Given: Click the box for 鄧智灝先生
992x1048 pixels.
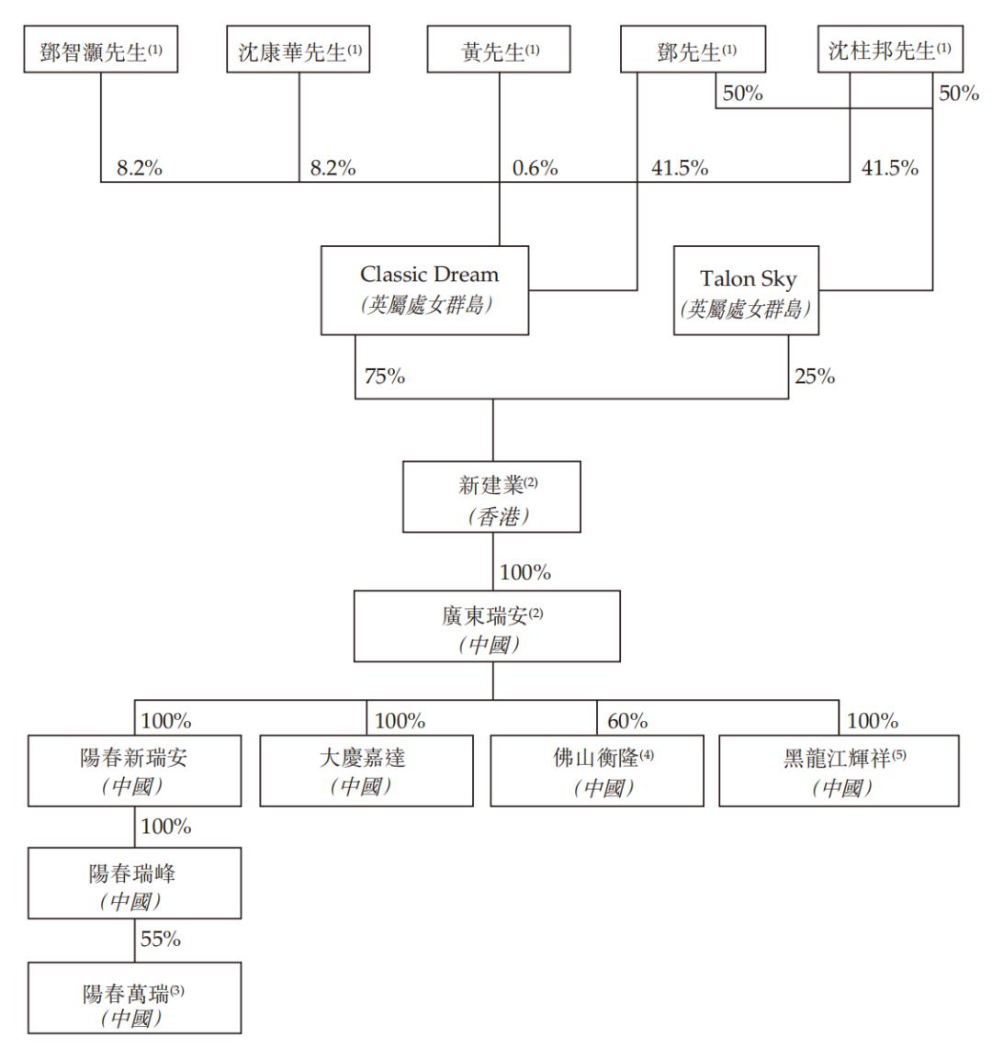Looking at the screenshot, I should (101, 51).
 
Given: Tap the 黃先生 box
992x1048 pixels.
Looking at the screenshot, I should (500, 51).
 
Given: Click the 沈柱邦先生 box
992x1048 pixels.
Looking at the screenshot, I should (890, 51).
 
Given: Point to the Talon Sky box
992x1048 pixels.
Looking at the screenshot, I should (746, 289).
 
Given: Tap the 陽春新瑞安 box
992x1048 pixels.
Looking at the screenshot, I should (135, 771).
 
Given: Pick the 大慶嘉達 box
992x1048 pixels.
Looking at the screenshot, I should (366, 771).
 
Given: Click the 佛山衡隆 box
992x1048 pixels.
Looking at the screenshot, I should (597, 771).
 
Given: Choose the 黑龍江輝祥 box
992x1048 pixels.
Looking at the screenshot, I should (839, 771).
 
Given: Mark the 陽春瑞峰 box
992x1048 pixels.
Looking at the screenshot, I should (135, 884).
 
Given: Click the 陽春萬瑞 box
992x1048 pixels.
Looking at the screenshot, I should (135, 998).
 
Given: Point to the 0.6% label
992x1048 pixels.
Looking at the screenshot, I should (535, 168).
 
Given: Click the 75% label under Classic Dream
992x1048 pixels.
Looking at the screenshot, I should (383, 377).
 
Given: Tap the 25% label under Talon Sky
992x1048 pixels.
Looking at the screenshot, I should (814, 377).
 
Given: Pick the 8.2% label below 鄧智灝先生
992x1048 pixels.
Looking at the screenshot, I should (139, 168).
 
